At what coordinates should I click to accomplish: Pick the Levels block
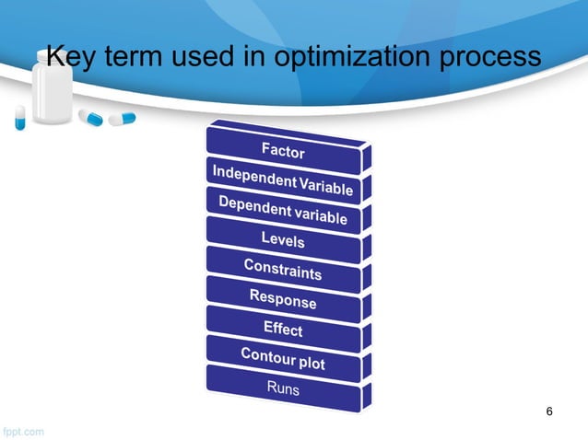click(x=283, y=239)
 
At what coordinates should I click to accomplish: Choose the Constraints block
click(x=283, y=269)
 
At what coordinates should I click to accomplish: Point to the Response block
click(x=283, y=298)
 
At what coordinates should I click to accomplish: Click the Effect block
click(x=283, y=328)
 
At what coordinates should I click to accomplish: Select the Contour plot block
click(x=283, y=358)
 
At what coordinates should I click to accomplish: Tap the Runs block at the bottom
click(x=283, y=388)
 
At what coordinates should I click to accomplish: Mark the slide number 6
click(x=550, y=411)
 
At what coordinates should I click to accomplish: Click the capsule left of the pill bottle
click(x=19, y=117)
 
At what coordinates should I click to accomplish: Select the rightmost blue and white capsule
click(x=121, y=118)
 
